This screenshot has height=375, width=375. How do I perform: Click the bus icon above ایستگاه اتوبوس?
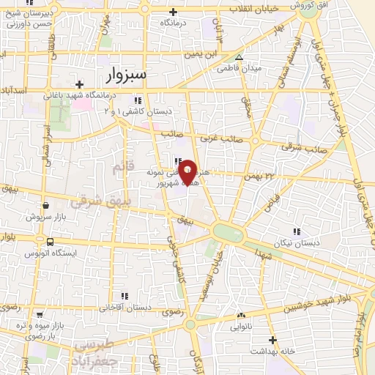[x=49, y=242]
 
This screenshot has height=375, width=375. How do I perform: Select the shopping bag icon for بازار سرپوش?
[x=46, y=206]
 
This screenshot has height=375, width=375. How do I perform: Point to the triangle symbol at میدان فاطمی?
[x=239, y=57]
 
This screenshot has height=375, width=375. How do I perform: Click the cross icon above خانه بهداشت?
[x=272, y=340]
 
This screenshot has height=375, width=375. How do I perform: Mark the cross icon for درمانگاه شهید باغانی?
[x=89, y=84]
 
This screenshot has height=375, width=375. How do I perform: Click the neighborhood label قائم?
[x=120, y=168]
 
